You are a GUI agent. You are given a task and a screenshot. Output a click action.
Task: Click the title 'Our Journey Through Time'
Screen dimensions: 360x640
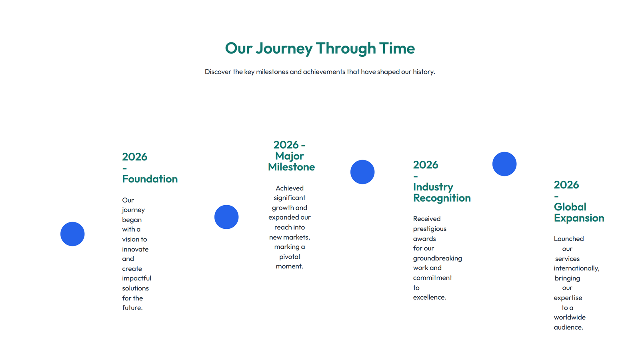320,48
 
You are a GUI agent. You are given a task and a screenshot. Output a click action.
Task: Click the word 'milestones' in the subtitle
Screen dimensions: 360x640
272,72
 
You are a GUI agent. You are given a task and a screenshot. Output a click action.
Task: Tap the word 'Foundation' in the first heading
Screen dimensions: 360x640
150,179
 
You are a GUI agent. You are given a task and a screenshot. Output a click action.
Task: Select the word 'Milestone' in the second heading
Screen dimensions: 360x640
291,167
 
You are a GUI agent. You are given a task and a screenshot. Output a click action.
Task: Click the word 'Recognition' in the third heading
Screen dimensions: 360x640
442,198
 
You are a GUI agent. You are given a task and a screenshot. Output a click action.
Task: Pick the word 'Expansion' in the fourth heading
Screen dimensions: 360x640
579,218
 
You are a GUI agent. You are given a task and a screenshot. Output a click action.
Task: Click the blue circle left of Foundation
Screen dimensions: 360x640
72,234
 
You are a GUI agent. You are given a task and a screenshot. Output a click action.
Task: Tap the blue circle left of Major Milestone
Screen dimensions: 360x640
226,217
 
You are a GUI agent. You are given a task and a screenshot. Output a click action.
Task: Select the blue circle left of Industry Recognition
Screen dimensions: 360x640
362,172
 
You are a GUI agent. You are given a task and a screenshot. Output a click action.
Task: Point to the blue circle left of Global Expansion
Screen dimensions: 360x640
504,164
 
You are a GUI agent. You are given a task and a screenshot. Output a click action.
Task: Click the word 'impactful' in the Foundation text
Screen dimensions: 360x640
136,278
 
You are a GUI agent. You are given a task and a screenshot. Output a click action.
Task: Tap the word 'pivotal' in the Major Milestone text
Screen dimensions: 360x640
290,257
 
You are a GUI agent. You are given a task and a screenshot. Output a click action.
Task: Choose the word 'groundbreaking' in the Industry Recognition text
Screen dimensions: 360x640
437,258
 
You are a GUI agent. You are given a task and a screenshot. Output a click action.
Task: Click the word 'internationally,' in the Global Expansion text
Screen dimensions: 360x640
576,268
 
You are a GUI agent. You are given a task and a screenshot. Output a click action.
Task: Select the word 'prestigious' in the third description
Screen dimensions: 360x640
430,229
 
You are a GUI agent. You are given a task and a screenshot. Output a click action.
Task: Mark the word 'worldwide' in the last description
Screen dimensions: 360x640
570,317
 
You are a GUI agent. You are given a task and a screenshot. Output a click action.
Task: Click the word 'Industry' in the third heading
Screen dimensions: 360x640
433,187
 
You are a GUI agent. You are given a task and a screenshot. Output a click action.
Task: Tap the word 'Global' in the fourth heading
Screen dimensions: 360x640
570,207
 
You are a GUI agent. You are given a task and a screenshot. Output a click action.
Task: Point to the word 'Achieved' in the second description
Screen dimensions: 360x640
290,188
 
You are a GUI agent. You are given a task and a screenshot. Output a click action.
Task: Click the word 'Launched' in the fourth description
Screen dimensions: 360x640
568,239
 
